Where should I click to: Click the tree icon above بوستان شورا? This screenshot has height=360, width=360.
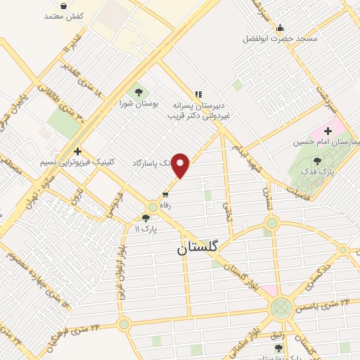(x=138, y=91)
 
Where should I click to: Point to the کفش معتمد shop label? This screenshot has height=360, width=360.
(x=64, y=15)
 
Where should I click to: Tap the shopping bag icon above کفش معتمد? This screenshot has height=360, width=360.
(x=64, y=5)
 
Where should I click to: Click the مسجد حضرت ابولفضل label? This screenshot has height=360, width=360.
(x=281, y=38)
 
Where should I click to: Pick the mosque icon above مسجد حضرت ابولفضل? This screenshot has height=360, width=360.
(x=281, y=28)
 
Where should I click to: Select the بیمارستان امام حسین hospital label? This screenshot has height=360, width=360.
(x=328, y=142)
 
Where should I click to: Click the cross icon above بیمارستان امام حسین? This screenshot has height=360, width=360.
(x=328, y=131)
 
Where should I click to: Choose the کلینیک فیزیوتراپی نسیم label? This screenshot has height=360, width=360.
(x=77, y=162)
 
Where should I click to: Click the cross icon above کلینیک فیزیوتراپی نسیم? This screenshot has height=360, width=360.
(x=77, y=150)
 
